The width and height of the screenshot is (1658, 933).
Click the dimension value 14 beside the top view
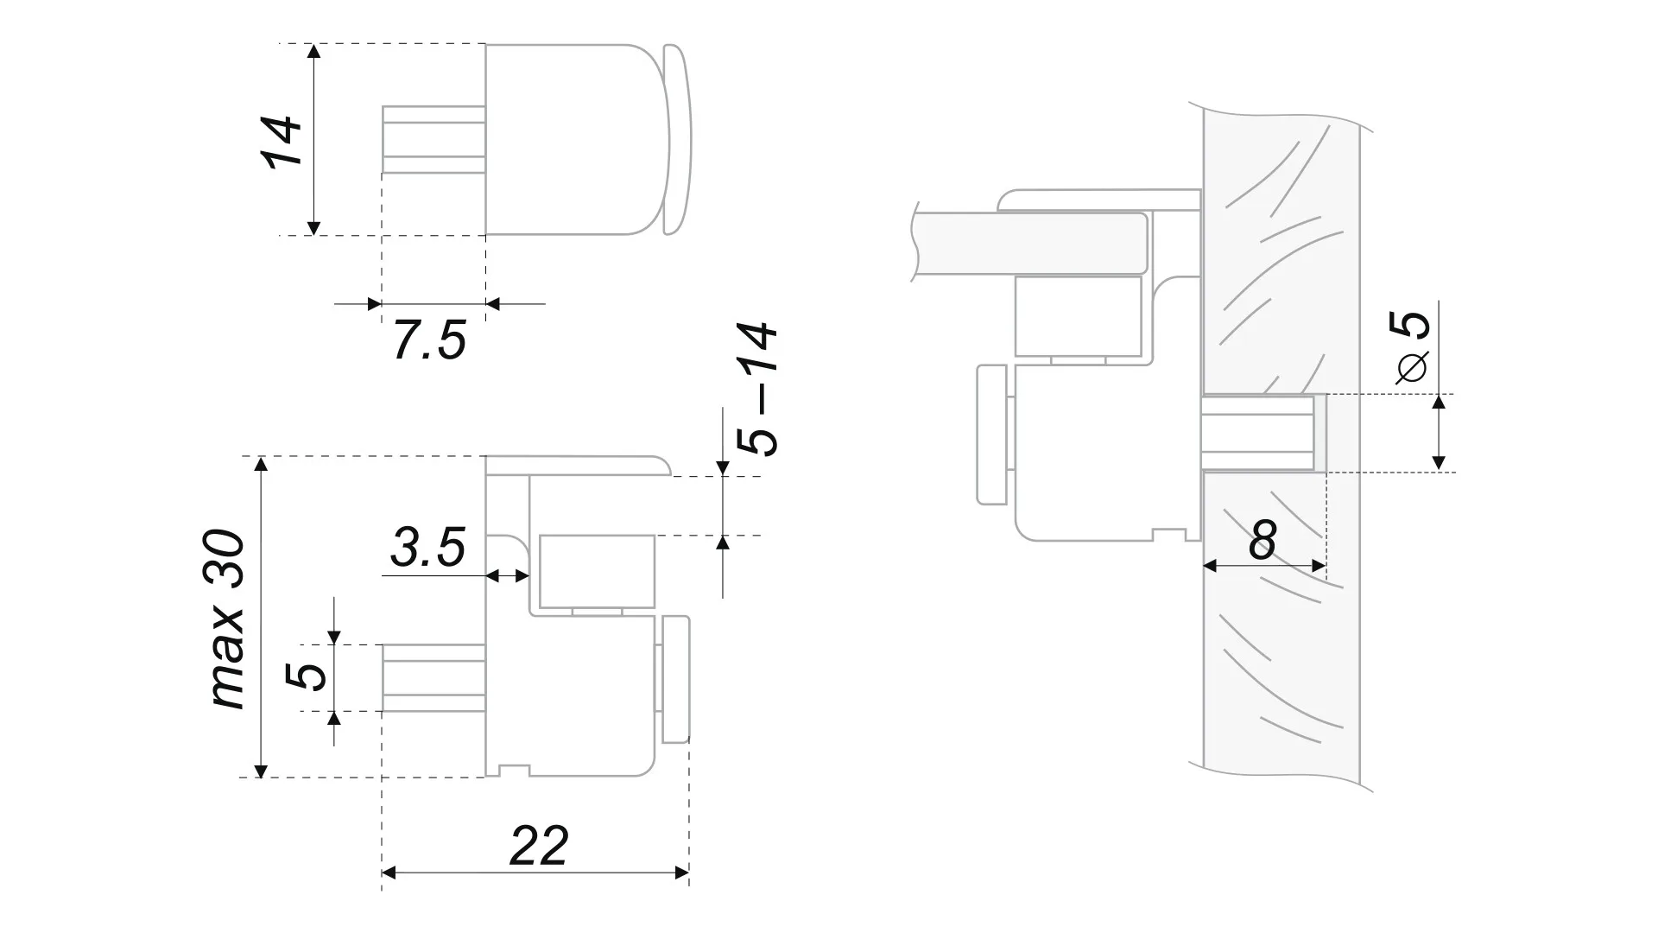tap(282, 141)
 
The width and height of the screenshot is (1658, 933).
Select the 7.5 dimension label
tap(429, 340)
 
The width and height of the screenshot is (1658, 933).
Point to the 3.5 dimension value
tap(427, 548)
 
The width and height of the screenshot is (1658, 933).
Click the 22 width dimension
tap(539, 847)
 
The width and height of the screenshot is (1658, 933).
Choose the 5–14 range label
tap(759, 390)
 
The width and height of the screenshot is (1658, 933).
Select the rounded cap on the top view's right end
tap(678, 139)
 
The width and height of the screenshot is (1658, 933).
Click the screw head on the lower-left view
tap(676, 680)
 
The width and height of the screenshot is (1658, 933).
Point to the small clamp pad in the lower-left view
tap(597, 573)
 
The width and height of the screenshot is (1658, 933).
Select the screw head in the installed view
tap(991, 435)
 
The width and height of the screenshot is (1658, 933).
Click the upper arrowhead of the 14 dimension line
tap(314, 51)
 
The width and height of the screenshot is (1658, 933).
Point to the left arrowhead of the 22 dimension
tap(389, 873)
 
